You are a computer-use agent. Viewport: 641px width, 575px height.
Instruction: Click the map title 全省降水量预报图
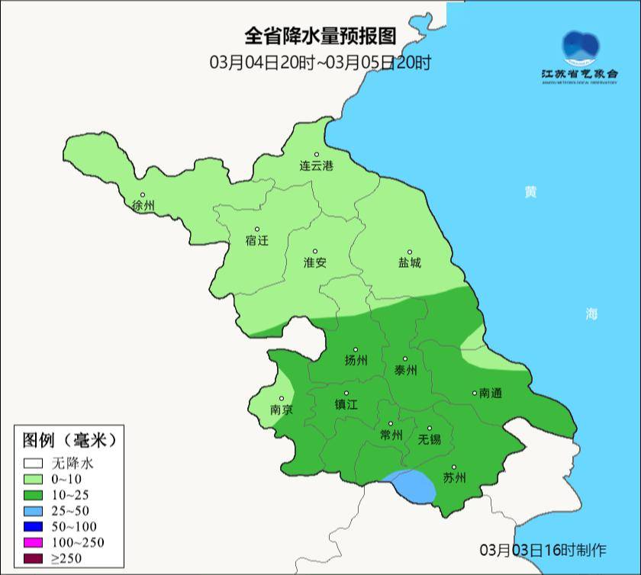320,36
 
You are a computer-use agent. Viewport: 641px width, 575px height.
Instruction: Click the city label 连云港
316,165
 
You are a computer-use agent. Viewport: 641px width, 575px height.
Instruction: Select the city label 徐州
143,206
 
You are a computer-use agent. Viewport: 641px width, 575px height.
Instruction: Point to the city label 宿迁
257,240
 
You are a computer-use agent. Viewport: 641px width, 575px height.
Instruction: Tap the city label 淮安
315,262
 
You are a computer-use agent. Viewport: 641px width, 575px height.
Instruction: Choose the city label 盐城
409,262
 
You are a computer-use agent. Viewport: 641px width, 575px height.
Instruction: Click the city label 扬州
356,360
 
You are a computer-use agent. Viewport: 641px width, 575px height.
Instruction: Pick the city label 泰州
405,370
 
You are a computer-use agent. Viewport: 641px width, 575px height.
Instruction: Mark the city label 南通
490,394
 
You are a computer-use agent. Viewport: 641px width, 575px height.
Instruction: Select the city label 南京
282,410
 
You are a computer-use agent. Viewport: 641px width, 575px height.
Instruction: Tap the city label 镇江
346,405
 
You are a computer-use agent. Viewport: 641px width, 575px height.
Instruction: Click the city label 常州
391,435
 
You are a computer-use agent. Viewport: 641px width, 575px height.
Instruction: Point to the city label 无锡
430,439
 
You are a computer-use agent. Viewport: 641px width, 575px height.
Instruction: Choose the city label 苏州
454,478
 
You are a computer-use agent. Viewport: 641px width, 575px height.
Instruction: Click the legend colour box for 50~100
33,526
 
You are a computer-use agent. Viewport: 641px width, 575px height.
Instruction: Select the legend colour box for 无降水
33,462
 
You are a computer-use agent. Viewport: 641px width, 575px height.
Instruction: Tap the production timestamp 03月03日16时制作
543,549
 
